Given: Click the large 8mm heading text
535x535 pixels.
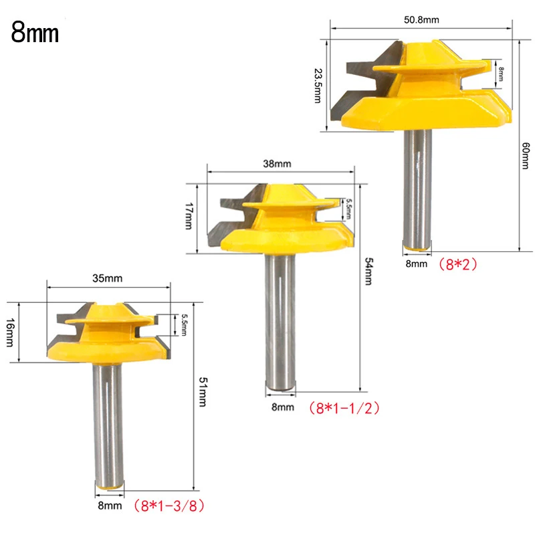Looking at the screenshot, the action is point(35,33).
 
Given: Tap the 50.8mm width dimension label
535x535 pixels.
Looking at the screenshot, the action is point(421,20).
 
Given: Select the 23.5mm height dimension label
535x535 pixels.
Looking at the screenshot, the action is point(318,86).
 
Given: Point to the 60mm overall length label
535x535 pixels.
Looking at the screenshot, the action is point(526,156).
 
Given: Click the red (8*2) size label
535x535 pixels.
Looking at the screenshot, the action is point(457,264).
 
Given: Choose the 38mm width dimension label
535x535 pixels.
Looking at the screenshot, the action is point(277,164).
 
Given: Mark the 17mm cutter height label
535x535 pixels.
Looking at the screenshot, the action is point(189,216).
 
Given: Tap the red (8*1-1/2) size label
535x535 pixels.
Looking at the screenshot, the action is point(344,408).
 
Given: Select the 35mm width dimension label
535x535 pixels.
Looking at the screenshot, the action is point(107,278).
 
